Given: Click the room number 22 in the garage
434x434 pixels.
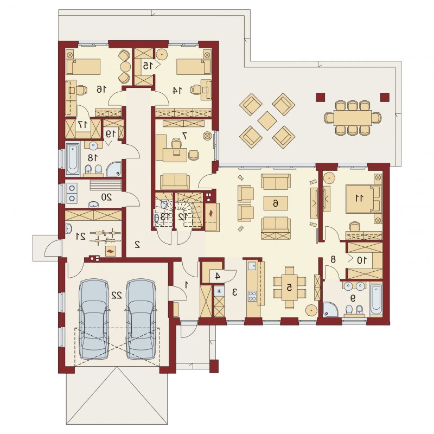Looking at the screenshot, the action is [x=117, y=295].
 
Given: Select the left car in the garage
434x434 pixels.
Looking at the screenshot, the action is [x=93, y=320].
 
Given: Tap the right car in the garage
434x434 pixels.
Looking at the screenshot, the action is [x=141, y=320].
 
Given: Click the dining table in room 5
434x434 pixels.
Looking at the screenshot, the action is [x=290, y=288].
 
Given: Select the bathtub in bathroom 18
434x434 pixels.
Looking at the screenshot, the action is [x=73, y=158].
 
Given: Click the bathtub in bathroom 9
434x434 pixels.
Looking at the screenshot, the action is [x=376, y=299].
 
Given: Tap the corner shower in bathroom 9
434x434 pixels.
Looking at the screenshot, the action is [x=330, y=309].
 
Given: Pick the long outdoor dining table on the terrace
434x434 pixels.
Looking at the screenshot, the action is [x=352, y=118].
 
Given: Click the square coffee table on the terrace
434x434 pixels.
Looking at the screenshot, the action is [x=267, y=120].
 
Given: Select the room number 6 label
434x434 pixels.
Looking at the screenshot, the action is [x=276, y=203].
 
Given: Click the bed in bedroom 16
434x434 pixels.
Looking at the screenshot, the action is [x=83, y=67].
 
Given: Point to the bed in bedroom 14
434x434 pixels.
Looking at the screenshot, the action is [x=194, y=67].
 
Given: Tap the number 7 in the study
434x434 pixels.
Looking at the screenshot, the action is [x=185, y=136].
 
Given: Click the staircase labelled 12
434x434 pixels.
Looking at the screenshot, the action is [x=188, y=210].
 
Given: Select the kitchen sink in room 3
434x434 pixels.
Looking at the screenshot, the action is [x=252, y=266].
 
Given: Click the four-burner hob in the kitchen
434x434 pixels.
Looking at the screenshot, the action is [x=252, y=296].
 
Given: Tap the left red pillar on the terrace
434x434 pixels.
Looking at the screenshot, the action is [x=320, y=97].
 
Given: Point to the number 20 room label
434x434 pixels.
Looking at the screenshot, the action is [x=106, y=197].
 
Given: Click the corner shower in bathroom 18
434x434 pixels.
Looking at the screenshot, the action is [x=114, y=169].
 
